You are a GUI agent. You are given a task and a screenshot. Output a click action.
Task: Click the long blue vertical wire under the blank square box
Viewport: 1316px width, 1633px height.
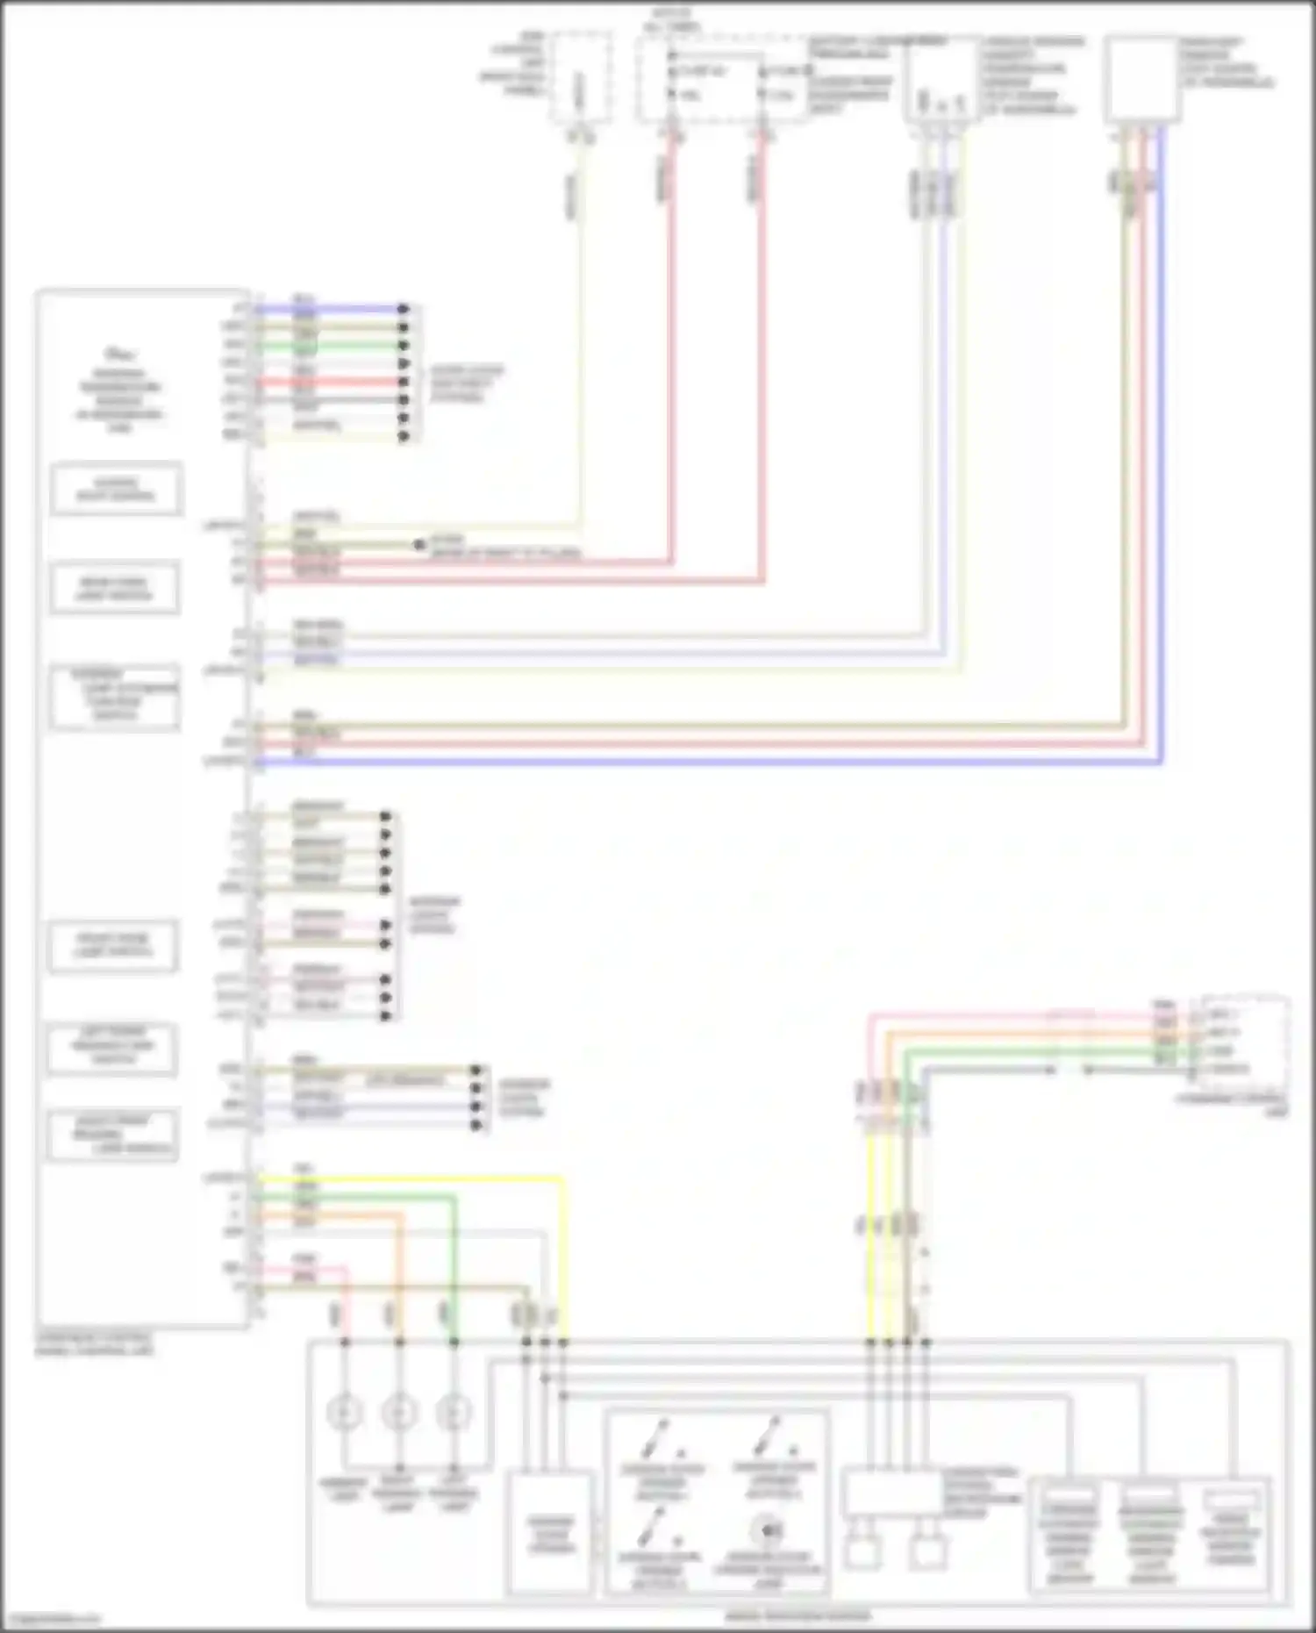tap(1161, 439)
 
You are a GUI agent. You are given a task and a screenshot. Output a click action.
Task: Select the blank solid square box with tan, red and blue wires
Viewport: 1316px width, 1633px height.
tap(1141, 79)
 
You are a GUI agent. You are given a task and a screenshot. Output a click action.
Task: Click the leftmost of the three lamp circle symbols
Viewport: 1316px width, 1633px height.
tap(344, 1413)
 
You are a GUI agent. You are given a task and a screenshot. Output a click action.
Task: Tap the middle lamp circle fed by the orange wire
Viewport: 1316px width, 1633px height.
tap(399, 1413)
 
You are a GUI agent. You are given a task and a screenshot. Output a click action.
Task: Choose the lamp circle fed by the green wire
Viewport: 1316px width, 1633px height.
tap(454, 1413)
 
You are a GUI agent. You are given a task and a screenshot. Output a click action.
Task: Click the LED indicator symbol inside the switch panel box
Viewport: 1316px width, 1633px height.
tap(769, 1531)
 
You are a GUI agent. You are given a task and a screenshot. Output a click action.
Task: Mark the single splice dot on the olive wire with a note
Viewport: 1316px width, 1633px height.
tap(419, 545)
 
